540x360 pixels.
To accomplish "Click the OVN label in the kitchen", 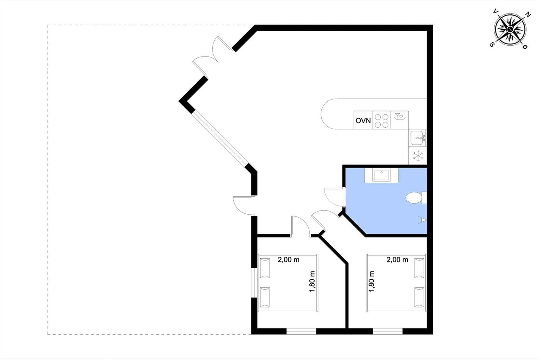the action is [363, 121].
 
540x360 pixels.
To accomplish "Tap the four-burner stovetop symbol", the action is [382, 120].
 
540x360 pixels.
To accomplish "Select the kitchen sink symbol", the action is [417, 138].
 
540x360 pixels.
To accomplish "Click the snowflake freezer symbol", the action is [418, 156].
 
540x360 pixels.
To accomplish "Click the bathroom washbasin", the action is [381, 175].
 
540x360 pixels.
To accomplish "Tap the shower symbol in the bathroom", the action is [422, 220].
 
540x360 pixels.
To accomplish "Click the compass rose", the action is [510, 29].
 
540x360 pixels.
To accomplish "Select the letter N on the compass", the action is [528, 15].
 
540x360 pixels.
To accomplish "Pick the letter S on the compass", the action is [491, 44].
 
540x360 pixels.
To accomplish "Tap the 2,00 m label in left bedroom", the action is [288, 260].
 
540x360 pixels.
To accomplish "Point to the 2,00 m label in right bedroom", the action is [397, 260].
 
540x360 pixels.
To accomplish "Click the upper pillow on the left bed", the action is [265, 268].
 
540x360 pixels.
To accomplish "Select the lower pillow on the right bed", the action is [419, 297].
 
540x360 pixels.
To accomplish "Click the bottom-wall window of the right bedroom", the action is [388, 331].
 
